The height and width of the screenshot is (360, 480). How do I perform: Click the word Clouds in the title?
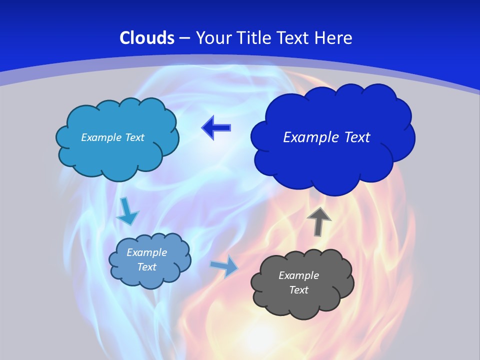click(147, 38)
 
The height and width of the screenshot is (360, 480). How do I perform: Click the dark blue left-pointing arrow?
click(216, 128)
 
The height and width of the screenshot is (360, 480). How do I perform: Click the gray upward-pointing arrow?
click(319, 221)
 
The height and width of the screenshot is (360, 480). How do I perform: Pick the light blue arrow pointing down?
click(127, 211)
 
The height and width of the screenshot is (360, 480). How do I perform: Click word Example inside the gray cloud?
click(298, 275)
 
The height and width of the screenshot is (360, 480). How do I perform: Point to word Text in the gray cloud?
click(298, 290)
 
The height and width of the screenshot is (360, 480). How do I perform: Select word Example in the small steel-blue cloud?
click(146, 252)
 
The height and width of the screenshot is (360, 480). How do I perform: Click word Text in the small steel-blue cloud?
click(146, 267)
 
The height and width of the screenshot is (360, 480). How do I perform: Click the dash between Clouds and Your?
click(184, 38)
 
